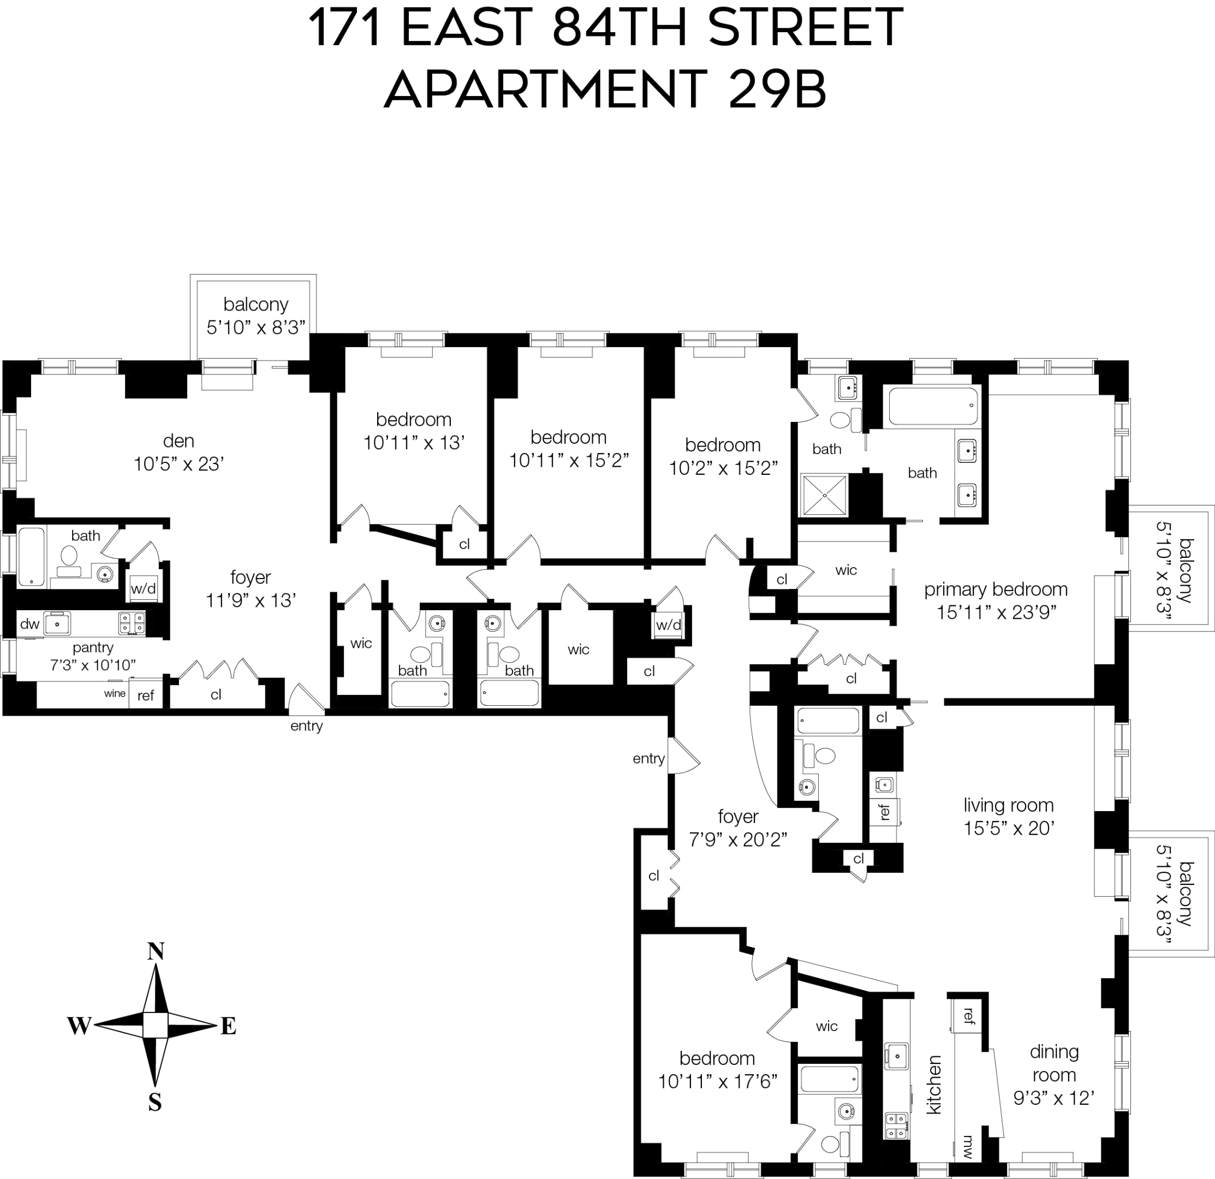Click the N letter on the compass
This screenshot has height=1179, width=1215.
[x=156, y=951]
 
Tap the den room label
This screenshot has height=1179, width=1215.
[x=178, y=440]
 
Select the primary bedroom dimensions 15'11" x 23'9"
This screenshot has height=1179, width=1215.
[x=996, y=612]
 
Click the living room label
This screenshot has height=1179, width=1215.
[x=1009, y=805]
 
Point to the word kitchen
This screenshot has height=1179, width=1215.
[x=933, y=1085]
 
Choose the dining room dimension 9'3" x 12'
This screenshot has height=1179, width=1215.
[x=1053, y=1098]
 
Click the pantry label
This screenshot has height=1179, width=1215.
[x=93, y=648]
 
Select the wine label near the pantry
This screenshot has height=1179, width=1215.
[x=115, y=694]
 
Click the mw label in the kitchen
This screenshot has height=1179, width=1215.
[x=968, y=1147]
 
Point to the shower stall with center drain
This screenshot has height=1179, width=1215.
[x=824, y=495]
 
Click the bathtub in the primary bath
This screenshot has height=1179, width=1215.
[x=933, y=406]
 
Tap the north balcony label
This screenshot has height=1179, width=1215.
[x=255, y=305]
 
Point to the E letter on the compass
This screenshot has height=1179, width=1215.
[x=229, y=1027]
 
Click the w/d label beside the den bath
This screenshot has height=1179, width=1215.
[x=143, y=588]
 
